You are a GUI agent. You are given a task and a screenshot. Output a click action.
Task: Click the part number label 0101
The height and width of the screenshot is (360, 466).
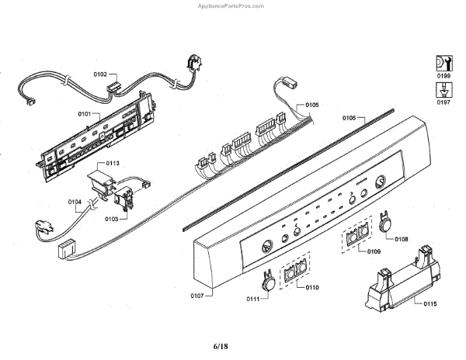(85, 114)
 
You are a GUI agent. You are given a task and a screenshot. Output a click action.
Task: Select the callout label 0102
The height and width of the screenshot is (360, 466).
(100, 74)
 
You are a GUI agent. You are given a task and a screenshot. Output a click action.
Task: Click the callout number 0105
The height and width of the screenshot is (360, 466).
(312, 104)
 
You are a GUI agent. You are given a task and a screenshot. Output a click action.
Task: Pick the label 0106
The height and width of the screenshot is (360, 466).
(349, 118)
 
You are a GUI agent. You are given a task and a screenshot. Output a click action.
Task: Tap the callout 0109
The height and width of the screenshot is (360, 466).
(374, 252)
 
